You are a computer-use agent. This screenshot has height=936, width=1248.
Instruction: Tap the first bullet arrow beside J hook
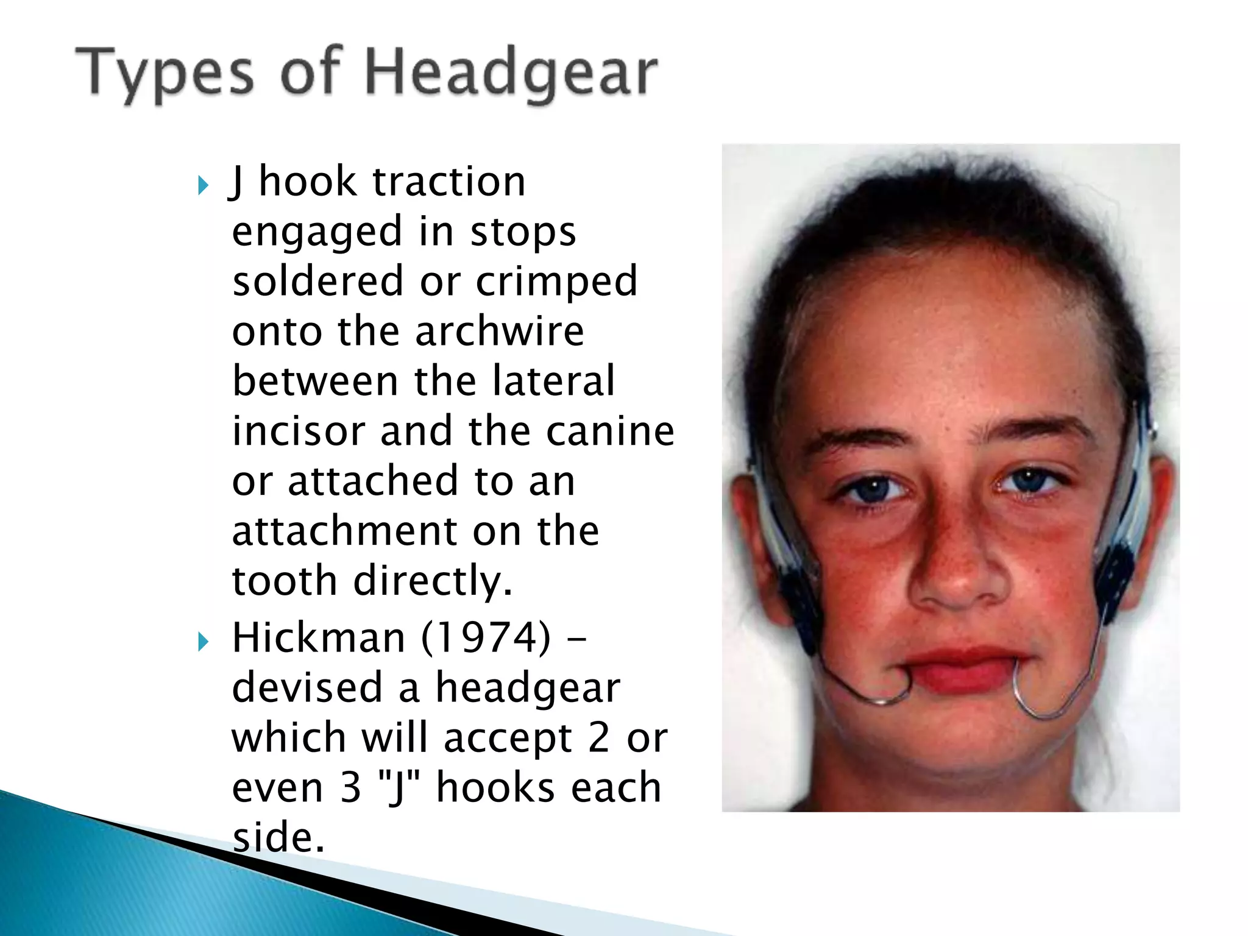(x=204, y=185)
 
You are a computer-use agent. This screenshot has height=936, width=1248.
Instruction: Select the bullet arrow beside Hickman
(x=204, y=641)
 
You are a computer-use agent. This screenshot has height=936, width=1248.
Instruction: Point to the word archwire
(x=500, y=331)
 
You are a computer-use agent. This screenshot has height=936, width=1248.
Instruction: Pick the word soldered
(x=318, y=282)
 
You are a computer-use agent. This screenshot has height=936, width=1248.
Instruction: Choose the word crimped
(x=556, y=282)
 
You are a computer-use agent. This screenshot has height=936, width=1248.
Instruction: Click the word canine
(x=610, y=431)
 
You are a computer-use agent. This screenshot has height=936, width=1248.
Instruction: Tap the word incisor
(x=298, y=431)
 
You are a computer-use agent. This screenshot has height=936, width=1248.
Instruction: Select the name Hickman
(x=318, y=638)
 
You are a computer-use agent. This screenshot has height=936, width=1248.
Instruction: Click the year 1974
(x=485, y=638)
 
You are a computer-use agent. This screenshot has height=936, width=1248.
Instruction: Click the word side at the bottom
(x=278, y=837)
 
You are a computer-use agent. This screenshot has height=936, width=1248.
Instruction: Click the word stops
(x=523, y=233)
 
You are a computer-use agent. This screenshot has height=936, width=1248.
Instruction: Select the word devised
(x=307, y=688)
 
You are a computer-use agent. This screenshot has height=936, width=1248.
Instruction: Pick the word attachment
(x=345, y=531)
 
